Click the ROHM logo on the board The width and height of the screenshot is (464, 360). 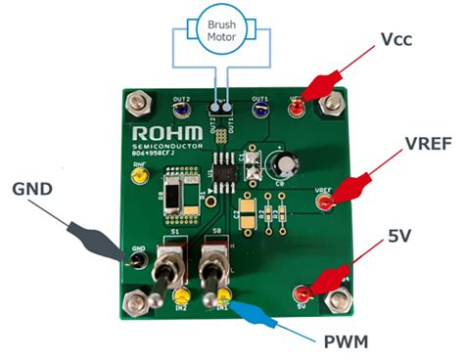[163, 132]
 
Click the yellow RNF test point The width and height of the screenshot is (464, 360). [141, 177]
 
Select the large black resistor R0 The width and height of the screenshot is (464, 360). [179, 195]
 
